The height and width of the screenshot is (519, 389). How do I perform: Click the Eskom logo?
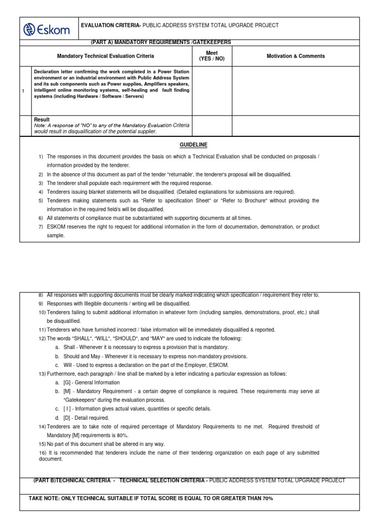[49, 29]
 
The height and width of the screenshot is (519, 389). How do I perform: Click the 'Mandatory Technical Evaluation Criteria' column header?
[105, 56]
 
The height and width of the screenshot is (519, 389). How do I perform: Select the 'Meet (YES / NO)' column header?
[212, 56]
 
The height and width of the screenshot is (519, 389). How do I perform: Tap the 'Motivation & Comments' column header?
[296, 56]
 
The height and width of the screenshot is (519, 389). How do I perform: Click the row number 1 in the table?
[24, 91]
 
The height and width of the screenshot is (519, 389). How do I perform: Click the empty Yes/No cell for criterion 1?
[212, 91]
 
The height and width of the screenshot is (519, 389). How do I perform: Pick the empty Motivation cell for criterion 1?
[295, 91]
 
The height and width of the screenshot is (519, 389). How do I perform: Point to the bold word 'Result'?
[42, 120]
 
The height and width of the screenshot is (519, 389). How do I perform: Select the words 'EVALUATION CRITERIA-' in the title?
[111, 25]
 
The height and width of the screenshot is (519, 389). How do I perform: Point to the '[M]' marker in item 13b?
[67, 391]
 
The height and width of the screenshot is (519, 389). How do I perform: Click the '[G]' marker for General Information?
[67, 383]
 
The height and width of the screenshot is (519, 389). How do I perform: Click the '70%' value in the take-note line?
[267, 499]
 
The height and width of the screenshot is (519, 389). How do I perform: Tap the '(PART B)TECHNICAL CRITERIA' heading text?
[71, 480]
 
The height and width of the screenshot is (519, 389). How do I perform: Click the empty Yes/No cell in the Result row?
[212, 126]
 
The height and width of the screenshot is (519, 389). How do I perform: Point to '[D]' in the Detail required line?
[67, 418]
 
